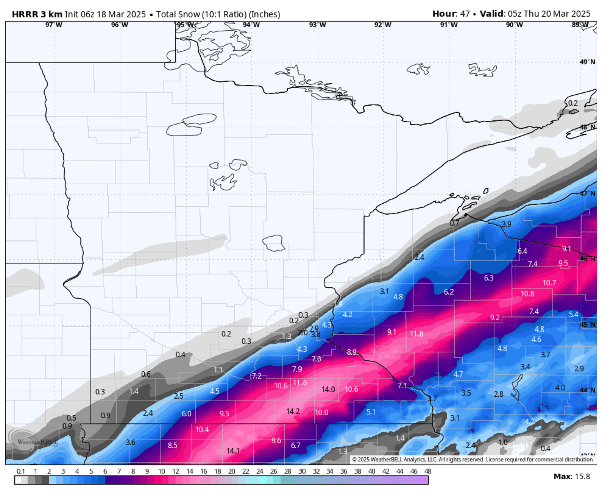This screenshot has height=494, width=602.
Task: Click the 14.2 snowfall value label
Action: [x=293, y=411]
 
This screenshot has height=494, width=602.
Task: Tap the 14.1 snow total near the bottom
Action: [x=233, y=451]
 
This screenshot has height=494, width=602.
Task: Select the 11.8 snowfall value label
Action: [x=417, y=334]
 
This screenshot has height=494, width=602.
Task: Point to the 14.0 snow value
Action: [x=328, y=389]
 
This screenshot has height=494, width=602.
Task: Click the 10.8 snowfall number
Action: [x=527, y=294]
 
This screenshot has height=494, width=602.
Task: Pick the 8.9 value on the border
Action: [x=351, y=352]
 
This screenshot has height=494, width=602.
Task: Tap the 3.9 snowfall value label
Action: [x=506, y=224]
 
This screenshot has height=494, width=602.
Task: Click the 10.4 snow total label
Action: [x=202, y=430]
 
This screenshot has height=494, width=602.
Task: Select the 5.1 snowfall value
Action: [x=371, y=412]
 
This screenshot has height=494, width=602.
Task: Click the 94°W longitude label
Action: [x=251, y=25]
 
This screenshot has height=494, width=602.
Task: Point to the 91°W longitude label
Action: [x=448, y=25]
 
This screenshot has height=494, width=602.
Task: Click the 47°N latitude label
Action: [x=588, y=193]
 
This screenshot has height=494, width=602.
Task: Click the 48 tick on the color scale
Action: [x=428, y=472]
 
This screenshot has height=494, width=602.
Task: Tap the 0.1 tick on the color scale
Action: [x=21, y=472]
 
